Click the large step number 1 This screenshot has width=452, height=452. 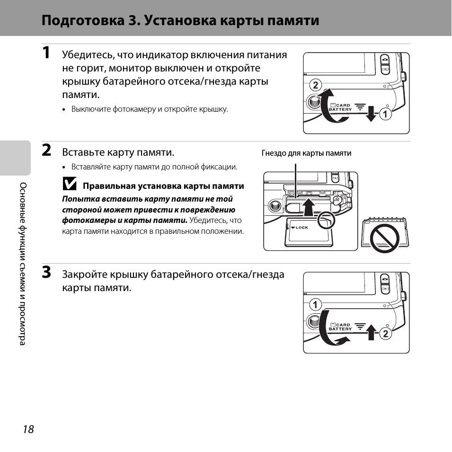coord(46,53)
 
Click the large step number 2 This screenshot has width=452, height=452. coord(46,151)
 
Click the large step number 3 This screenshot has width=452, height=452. coord(46,273)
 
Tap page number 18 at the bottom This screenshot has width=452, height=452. coord(28,429)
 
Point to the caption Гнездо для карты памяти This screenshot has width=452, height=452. coord(306,153)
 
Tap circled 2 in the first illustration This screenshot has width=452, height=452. coord(315,86)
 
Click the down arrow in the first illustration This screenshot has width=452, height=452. coord(372,114)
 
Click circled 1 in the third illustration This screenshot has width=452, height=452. coord(315,305)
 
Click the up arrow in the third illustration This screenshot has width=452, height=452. coord(372,333)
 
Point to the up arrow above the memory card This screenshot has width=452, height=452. coord(308,207)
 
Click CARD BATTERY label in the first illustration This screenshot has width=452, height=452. coord(340,107)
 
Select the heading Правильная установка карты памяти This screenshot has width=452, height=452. coord(163,186)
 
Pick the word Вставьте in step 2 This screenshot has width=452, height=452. coord(83,152)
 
